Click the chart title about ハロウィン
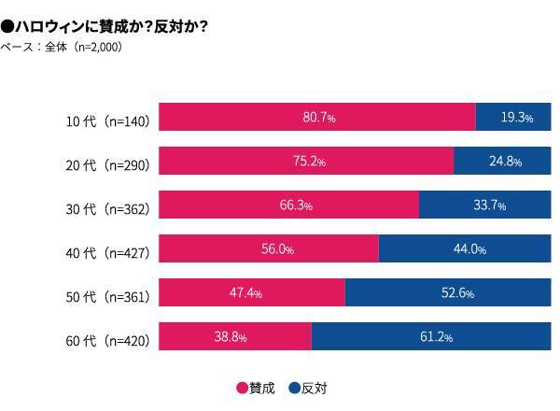coord(104,27)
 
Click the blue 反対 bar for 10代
coord(513,118)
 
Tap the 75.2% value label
coord(309,162)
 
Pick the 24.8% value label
coord(505,162)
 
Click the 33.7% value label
coord(486,205)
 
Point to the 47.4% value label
coord(245,293)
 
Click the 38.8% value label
coord(229,337)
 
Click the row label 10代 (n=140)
coord(107,120)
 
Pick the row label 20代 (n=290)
coord(107,164)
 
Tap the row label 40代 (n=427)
coord(107,252)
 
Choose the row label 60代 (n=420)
coord(107,340)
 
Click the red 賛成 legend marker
coord(242,388)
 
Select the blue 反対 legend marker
coord(293,388)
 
